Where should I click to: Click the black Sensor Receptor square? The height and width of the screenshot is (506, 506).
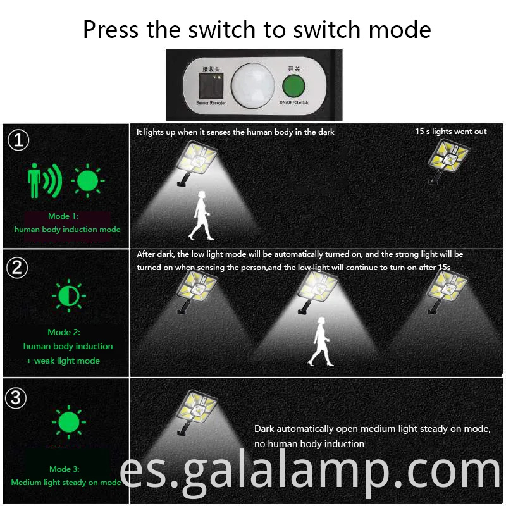pyautogui.click(x=213, y=85)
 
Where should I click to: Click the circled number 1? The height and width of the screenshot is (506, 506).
pyautogui.click(x=19, y=140)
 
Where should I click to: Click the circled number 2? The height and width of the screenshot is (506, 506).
pyautogui.click(x=18, y=268)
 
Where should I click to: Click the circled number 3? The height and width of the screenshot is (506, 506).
pyautogui.click(x=18, y=398)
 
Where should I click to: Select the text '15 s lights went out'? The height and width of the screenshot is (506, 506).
pyautogui.click(x=450, y=132)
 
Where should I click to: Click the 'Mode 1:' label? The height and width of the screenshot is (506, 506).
pyautogui.click(x=68, y=216)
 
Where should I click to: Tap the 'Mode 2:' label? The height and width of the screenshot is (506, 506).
pyautogui.click(x=68, y=332)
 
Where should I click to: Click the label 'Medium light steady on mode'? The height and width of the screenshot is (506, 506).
pyautogui.click(x=66, y=483)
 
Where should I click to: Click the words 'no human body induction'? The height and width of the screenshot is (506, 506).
pyautogui.click(x=309, y=444)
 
